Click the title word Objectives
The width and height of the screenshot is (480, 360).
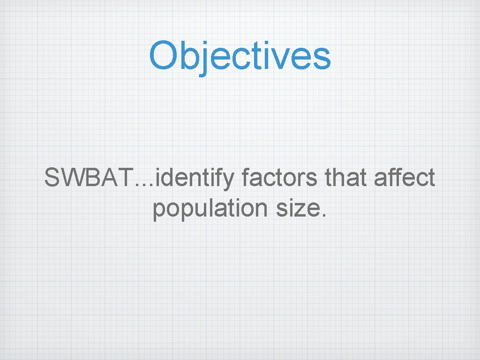click(x=240, y=55)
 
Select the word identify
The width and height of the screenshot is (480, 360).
click(x=197, y=179)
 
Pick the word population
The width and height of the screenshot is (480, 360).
click(x=211, y=208)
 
